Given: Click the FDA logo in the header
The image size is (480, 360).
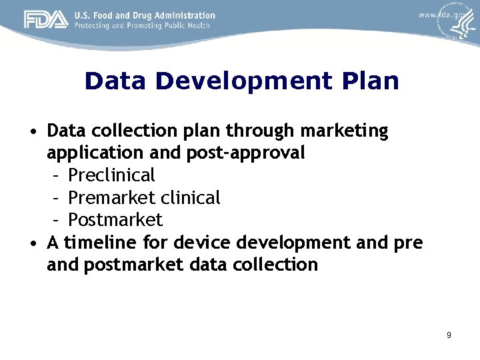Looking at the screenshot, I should [x=46, y=20].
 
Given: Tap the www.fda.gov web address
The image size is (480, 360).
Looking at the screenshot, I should [x=441, y=15].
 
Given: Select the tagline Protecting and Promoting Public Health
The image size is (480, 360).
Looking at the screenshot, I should [x=142, y=26].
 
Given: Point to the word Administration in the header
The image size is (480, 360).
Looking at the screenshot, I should [x=183, y=15].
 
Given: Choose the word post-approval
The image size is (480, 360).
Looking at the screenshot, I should [x=246, y=153].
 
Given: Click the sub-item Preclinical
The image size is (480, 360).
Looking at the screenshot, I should [x=111, y=175].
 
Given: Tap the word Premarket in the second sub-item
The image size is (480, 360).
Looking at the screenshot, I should [x=110, y=198].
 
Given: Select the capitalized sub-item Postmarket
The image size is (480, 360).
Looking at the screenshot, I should [x=115, y=220].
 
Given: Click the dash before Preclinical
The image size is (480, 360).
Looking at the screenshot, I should [x=57, y=176].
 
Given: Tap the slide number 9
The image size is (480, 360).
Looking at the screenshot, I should [x=449, y=335].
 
